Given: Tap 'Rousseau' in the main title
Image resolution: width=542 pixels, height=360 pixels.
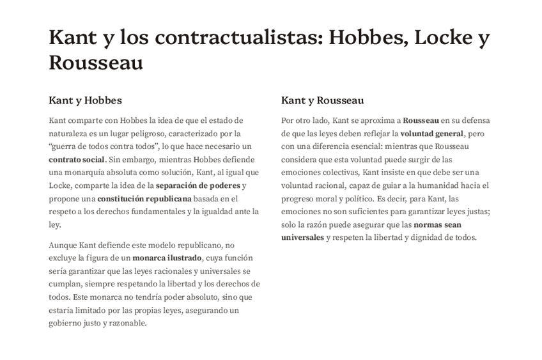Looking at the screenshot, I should pyautogui.click(x=95, y=63).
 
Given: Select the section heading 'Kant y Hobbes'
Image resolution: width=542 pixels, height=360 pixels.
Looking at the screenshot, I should pyautogui.click(x=85, y=100).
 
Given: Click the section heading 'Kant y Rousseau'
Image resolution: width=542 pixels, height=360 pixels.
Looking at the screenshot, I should pyautogui.click(x=322, y=100).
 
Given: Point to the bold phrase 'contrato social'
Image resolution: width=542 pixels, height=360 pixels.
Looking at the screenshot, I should pyautogui.click(x=77, y=159).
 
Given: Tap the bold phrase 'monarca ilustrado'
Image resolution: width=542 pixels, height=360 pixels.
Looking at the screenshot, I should pyautogui.click(x=166, y=258).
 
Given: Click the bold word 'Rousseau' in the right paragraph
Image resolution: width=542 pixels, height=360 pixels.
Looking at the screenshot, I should pyautogui.click(x=421, y=120).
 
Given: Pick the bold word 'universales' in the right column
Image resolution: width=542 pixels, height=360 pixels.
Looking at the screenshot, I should pyautogui.click(x=303, y=238).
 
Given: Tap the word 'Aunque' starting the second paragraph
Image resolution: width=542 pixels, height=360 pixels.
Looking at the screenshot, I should pyautogui.click(x=63, y=245).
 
